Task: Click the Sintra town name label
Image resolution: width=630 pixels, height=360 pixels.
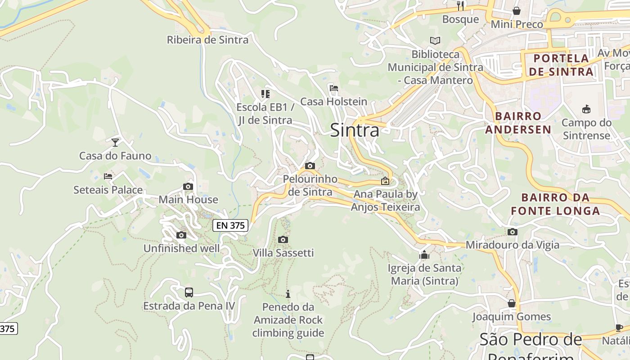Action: click(355, 130)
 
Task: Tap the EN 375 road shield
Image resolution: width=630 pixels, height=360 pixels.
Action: click(230, 225)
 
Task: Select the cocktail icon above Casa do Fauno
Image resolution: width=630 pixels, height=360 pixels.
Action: click(115, 143)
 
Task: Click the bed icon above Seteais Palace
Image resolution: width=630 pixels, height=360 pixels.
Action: click(108, 176)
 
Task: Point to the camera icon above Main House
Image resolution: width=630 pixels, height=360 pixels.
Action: click(188, 186)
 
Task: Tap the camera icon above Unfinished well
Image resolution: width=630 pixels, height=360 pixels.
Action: click(181, 235)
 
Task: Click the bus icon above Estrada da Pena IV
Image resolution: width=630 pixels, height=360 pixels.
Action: click(189, 292)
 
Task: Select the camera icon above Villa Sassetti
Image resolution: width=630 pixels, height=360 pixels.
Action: click(283, 239)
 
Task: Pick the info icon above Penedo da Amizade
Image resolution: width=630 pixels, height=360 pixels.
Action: click(288, 294)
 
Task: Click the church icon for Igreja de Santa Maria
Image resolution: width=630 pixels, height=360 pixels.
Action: click(424, 255)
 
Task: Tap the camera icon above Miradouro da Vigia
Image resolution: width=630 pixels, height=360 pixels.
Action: click(512, 232)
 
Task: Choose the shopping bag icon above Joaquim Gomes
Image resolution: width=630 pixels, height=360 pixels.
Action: click(511, 303)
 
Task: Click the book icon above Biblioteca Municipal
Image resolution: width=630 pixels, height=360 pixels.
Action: click(435, 41)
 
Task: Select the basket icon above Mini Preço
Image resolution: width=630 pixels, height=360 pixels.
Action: click(517, 11)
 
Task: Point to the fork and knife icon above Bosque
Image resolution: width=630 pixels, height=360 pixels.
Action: click(460, 6)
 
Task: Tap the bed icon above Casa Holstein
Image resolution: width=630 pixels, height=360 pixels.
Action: click(333, 88)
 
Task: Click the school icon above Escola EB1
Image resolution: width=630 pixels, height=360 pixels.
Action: click(265, 94)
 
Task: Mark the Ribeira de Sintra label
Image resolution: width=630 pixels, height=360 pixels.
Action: click(207, 40)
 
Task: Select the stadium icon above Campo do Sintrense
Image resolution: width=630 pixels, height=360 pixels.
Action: click(586, 109)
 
